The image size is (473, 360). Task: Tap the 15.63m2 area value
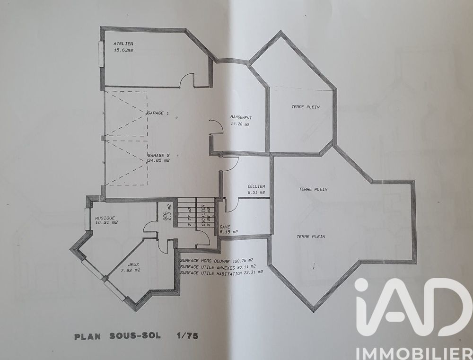point(123,50)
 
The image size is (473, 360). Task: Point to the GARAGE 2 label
point(158,155)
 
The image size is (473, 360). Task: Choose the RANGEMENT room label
point(241,117)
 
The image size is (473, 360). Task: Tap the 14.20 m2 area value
point(240,124)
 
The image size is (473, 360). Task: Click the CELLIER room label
point(256,186)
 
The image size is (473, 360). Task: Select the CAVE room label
point(225,227)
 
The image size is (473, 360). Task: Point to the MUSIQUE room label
point(105,218)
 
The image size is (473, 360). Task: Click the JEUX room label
point(133,265)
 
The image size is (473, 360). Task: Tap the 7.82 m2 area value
point(133,271)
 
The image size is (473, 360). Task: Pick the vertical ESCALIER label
point(203,215)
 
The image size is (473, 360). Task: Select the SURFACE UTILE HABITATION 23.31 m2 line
point(222,272)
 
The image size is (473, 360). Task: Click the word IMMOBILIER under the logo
point(412,352)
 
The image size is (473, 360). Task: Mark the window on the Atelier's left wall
point(101,54)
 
